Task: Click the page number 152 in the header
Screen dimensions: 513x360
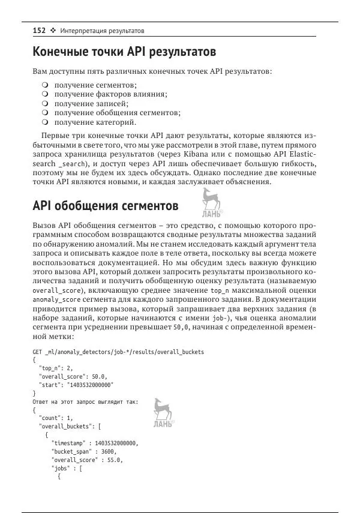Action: point(39,30)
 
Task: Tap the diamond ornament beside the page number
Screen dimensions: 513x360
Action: point(53,30)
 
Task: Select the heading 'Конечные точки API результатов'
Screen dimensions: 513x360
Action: point(124,52)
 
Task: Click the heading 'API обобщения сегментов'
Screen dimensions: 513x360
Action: point(105,206)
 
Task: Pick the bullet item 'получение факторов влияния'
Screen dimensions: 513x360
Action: point(110,94)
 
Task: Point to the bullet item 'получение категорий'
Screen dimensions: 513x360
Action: point(95,122)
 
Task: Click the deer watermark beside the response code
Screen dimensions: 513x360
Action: point(162,413)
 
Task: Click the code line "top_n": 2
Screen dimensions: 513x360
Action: point(56,368)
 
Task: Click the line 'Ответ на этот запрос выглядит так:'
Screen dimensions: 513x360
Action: point(85,401)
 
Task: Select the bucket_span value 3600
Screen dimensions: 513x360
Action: point(106,452)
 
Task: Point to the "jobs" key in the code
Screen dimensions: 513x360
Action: point(62,469)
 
